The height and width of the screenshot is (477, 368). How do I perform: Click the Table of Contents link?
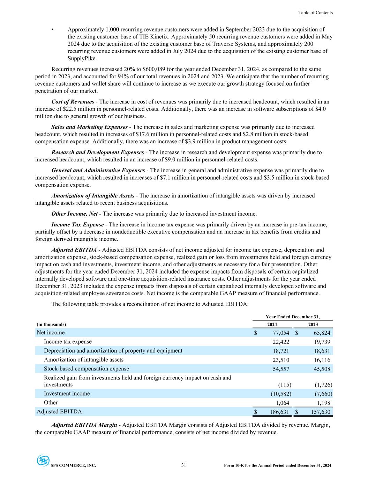pos(315,13)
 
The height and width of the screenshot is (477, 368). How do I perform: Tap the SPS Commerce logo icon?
pos(43,460)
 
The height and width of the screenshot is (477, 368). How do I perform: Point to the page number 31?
pos(184,465)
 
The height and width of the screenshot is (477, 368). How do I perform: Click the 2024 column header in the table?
pos(272,324)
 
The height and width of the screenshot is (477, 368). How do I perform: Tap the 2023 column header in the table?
pos(313,324)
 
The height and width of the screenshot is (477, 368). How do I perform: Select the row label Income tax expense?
pos(68,341)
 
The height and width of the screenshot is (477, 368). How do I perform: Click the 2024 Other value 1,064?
pos(282,403)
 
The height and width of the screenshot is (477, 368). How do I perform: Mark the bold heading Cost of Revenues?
pos(73,102)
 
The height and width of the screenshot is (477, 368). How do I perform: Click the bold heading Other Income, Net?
pos(74,214)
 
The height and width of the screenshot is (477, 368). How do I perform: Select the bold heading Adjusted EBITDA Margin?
pos(84,425)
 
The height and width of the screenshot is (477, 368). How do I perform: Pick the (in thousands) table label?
pos(51,324)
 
